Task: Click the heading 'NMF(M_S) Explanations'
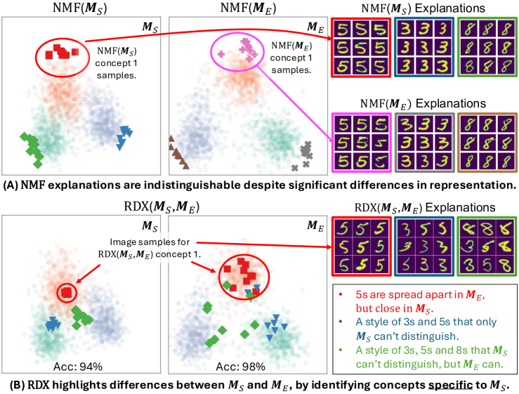pos(419,8)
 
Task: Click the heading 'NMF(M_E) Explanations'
pos(419,103)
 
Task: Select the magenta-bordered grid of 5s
pos(361,144)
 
